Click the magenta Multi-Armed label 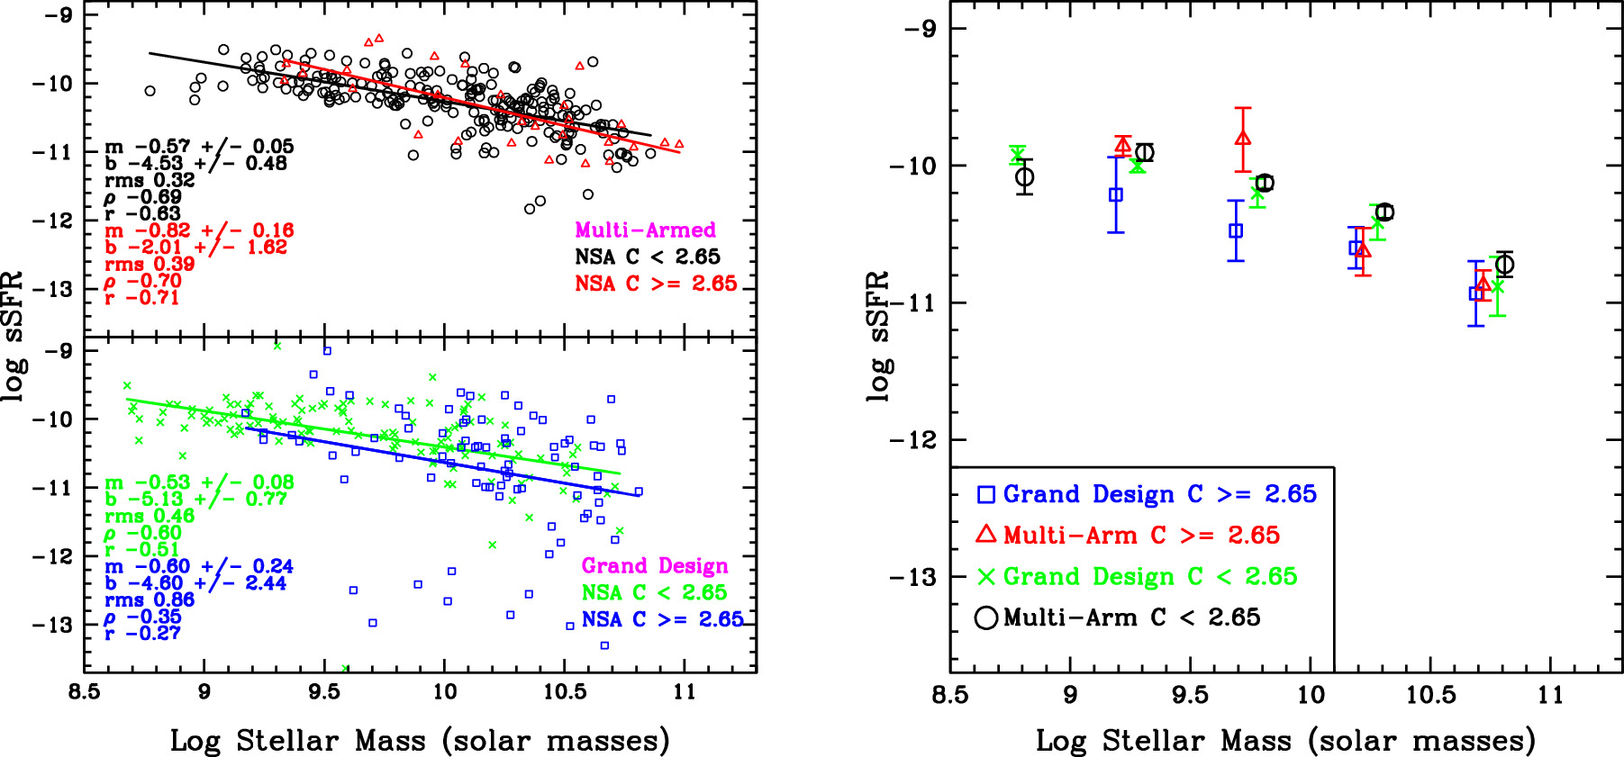pyautogui.click(x=645, y=230)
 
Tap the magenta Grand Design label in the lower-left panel pyautogui.click(x=655, y=565)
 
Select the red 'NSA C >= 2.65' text pyautogui.click(x=656, y=284)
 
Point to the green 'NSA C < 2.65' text pyautogui.click(x=654, y=592)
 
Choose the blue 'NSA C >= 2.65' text pyautogui.click(x=662, y=619)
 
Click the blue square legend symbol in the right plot pyautogui.click(x=986, y=494)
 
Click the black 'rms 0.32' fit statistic pyautogui.click(x=150, y=180)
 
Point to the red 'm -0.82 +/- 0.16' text pyautogui.click(x=199, y=230)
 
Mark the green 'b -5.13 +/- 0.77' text pyautogui.click(x=195, y=499)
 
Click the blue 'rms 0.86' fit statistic pyautogui.click(x=150, y=599)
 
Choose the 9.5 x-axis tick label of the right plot pyautogui.click(x=1190, y=695)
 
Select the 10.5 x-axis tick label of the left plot pyautogui.click(x=564, y=692)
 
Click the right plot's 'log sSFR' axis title pyautogui.click(x=878, y=336)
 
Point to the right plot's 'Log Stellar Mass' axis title pyautogui.click(x=1285, y=740)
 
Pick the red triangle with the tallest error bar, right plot pyautogui.click(x=1243, y=139)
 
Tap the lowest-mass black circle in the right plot pyautogui.click(x=1024, y=177)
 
